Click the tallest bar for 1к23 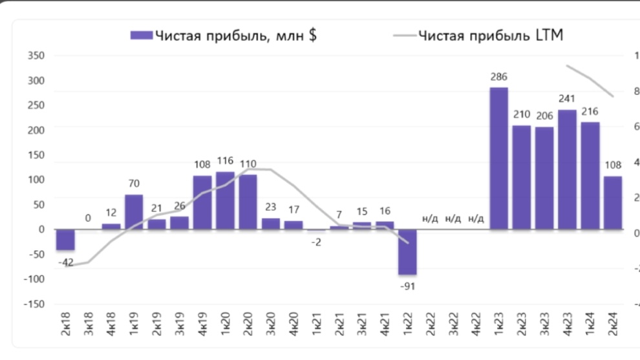(498, 158)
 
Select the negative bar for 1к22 (407, 252)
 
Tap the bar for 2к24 (613, 203)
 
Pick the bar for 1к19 (134, 212)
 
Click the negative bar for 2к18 (65, 240)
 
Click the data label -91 (407, 285)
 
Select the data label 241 (567, 100)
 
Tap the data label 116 (225, 160)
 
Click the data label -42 (65, 262)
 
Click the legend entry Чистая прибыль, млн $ (224, 36)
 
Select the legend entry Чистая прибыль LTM (478, 36)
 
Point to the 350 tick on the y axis (36, 56)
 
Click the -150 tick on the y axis (34, 304)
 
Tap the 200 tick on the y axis (36, 131)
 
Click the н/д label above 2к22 (430, 218)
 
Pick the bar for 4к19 (202, 202)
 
